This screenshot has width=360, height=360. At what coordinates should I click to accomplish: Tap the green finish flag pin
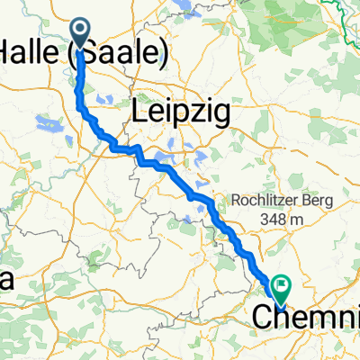pos(282,289)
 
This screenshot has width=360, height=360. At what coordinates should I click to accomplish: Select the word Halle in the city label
pos(30,56)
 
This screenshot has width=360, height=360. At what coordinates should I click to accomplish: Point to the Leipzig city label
pos(180,112)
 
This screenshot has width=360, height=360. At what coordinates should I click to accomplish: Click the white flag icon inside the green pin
pos(283,287)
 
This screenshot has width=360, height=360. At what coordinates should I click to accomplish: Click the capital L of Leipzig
pos(139,112)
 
